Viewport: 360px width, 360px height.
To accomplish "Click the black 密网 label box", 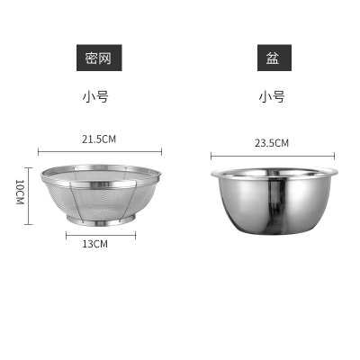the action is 99,58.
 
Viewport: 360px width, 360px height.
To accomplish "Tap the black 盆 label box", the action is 274,58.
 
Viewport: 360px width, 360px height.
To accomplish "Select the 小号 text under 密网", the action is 95,97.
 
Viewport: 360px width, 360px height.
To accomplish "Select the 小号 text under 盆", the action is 272,97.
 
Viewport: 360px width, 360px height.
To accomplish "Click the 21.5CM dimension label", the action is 99,139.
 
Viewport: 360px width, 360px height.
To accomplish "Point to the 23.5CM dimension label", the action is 272,143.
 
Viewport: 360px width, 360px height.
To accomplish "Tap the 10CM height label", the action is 20,192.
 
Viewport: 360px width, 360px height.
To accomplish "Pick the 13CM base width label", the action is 94,244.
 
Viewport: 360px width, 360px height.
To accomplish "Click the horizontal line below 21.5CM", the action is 100,152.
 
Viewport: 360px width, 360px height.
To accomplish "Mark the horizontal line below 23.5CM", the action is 273,156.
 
